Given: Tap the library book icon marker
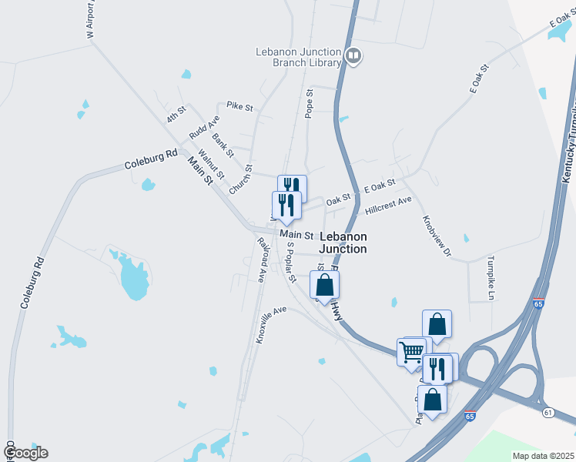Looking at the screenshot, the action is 353,55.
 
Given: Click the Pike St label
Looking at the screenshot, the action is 239,107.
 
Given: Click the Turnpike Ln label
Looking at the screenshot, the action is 490,277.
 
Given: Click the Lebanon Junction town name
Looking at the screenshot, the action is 343,243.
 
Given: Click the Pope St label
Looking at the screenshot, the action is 310,103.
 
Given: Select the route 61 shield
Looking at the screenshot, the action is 548,413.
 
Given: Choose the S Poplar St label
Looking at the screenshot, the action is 290,263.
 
